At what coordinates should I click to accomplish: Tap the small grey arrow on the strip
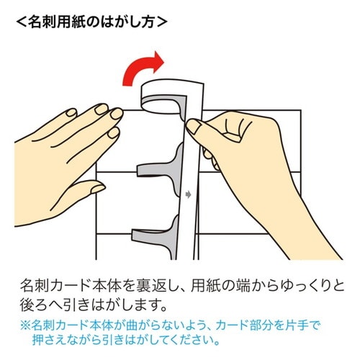189,194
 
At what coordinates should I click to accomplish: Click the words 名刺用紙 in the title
56,21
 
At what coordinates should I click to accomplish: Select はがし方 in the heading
126,21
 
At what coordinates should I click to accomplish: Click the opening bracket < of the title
19,21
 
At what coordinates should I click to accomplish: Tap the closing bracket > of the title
162,21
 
